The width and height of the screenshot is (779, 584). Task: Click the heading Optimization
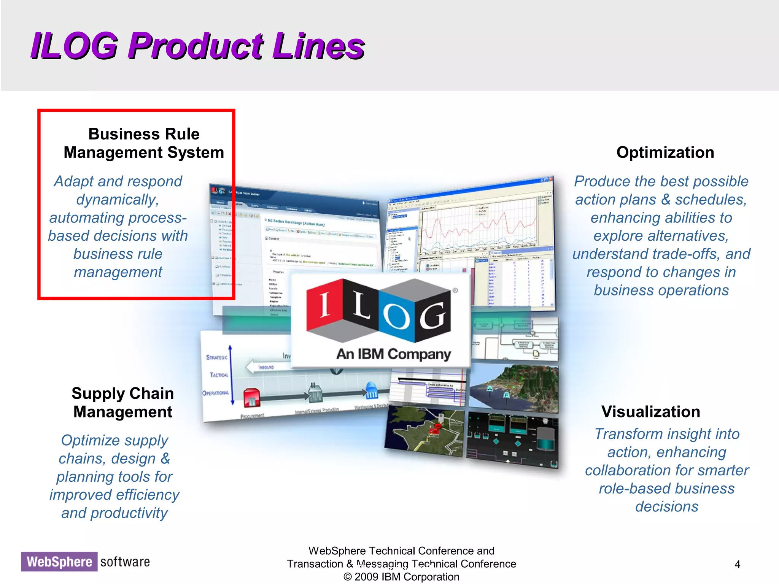point(665,152)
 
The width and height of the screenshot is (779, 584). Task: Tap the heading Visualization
point(650,412)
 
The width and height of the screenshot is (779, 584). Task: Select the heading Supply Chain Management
point(122,403)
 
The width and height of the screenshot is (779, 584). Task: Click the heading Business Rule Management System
point(144,143)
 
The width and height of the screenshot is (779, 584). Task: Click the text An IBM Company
point(393,354)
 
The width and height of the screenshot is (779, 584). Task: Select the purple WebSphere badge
point(59,562)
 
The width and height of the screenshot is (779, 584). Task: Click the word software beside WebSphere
point(125,562)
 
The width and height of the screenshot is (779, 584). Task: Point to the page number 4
point(737,564)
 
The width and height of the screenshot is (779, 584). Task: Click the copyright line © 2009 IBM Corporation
point(401,577)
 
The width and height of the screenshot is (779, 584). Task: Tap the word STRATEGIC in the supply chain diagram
point(216,357)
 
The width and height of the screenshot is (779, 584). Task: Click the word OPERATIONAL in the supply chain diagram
point(216,393)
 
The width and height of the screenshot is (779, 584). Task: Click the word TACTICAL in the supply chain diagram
point(219,375)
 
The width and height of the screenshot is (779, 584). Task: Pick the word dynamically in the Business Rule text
point(118,200)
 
